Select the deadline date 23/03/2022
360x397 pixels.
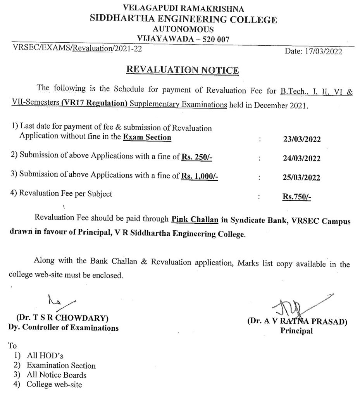click(302, 140)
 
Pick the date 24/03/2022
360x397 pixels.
click(302, 159)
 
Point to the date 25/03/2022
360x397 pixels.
click(302, 178)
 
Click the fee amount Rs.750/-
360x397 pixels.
click(297, 197)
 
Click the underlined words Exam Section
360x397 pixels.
click(147, 137)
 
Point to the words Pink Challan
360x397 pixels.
click(194, 220)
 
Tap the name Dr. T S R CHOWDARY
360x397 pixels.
click(65, 319)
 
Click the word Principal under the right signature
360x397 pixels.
click(296, 331)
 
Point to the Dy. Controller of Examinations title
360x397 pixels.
click(64, 328)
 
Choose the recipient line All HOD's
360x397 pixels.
click(43, 356)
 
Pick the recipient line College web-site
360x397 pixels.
click(54, 385)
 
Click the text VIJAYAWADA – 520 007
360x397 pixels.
click(183, 39)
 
